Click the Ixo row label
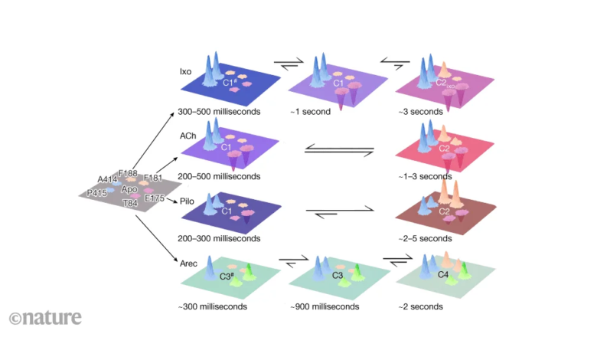point(184,71)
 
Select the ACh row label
point(188,135)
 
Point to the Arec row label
point(188,264)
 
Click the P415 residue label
point(96,193)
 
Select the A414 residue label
point(108,179)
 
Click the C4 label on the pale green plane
point(443,274)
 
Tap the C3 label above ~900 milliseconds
point(337,275)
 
